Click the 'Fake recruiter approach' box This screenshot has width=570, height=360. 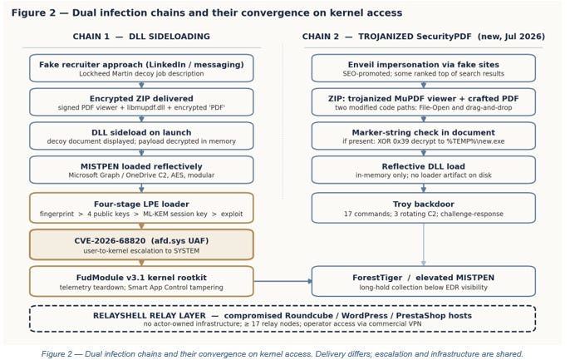[141, 68]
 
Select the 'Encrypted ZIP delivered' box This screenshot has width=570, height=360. [141, 102]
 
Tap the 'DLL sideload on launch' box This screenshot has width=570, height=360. [141, 136]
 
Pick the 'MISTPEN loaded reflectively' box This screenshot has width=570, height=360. [141, 170]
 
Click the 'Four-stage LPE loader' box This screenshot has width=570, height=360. [141, 208]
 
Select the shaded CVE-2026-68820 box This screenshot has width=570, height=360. [141, 244]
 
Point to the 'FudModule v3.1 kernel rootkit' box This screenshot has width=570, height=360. [141, 282]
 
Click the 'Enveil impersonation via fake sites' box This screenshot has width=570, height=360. [424, 68]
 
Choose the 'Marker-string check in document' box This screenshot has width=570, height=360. [424, 136]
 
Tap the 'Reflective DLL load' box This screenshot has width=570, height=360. [424, 170]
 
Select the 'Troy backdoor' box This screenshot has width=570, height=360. [424, 208]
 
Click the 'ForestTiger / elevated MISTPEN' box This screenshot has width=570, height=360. [424, 282]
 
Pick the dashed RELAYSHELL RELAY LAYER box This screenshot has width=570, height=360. [283, 318]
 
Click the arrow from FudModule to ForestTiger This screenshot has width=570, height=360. [283, 281]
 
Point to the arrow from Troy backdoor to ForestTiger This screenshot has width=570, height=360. [424, 244]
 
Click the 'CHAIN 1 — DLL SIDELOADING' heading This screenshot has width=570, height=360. [141, 37]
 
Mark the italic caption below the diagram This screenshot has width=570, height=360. [283, 354]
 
